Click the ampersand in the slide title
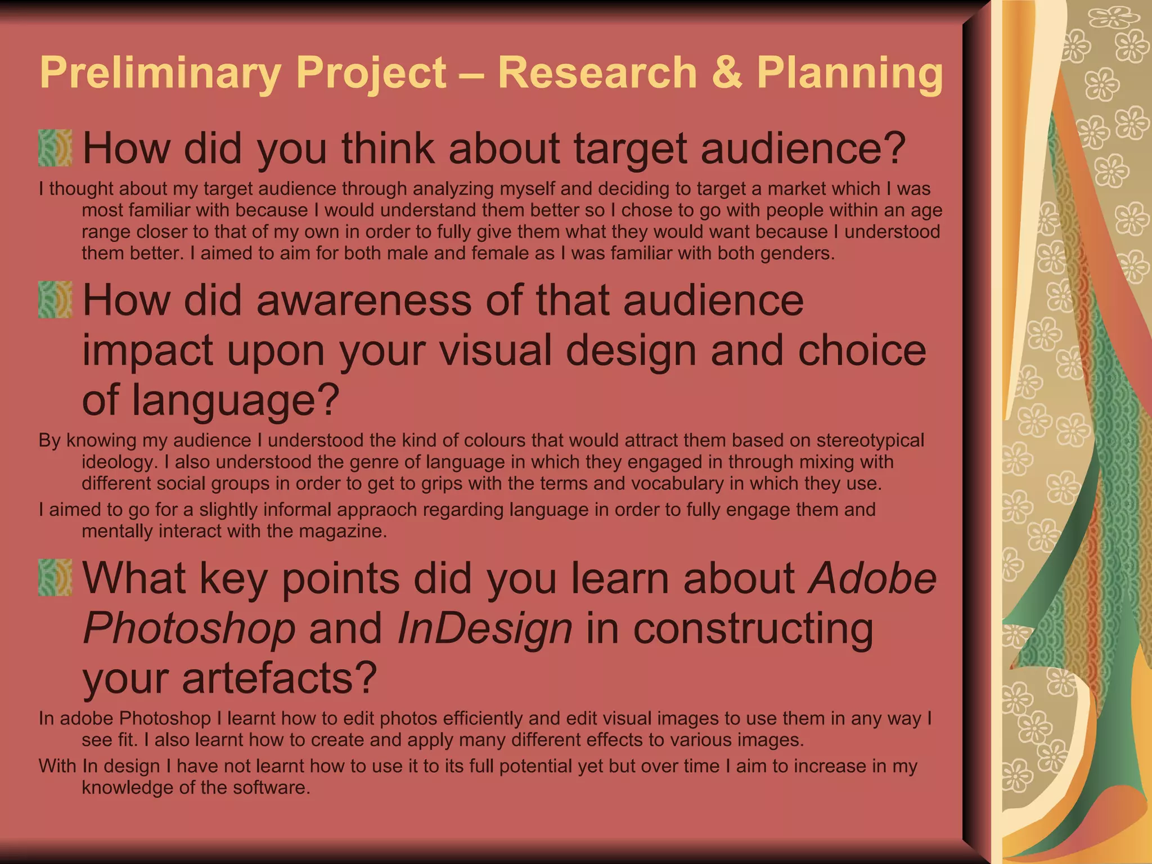click(727, 73)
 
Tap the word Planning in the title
click(849, 74)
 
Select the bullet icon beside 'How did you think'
click(55, 148)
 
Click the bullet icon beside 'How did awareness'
click(55, 300)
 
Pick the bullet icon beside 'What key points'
click(55, 578)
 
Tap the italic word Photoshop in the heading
click(189, 628)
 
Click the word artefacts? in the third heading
click(279, 678)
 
